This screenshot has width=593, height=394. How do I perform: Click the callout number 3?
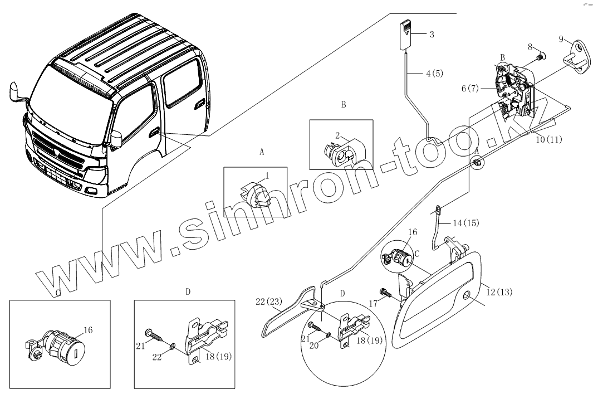point(432,35)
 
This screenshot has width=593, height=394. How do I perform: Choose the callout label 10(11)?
point(548,139)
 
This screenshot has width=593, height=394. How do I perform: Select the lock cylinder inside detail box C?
point(57,341)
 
